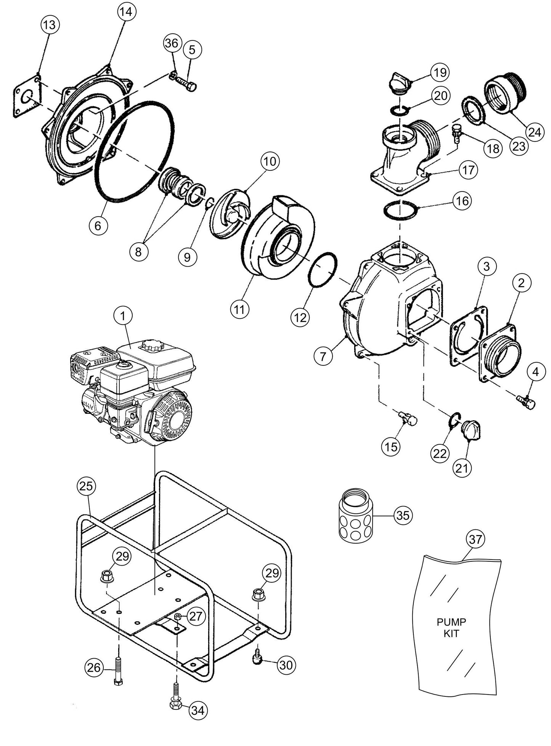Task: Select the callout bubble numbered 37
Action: (x=475, y=539)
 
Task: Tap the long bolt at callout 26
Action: (x=117, y=670)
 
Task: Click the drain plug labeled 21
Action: (x=470, y=431)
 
